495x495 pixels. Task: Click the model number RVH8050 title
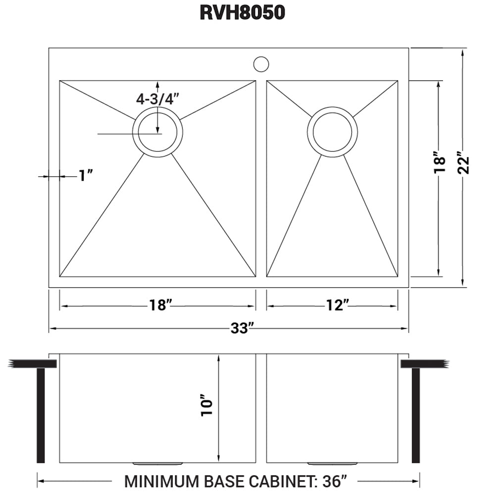pos(243,12)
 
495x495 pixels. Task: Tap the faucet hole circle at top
pos(261,64)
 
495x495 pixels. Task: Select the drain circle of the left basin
pos(157,132)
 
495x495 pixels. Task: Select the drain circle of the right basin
pos(332,132)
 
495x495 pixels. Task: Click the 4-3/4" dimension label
pos(157,99)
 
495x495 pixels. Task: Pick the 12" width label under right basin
pos(335,306)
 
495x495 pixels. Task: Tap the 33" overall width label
pos(243,328)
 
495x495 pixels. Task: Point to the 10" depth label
pos(207,406)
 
